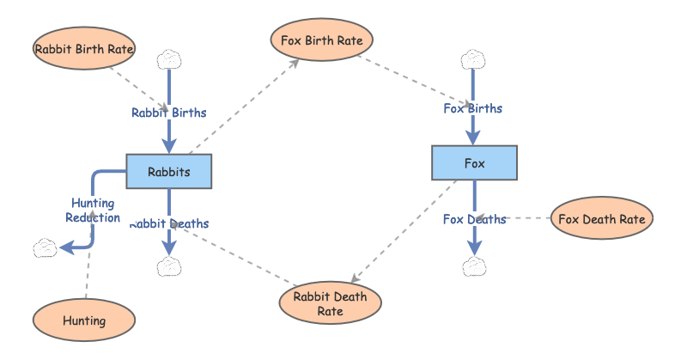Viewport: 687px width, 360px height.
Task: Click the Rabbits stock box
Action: pyautogui.click(x=168, y=172)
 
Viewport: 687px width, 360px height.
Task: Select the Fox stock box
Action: pyautogui.click(x=474, y=163)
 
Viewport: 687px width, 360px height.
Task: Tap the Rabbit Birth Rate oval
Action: pyautogui.click(x=84, y=49)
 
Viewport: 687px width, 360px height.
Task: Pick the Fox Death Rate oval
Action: pyautogui.click(x=601, y=218)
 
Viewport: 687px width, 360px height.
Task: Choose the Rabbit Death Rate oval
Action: pyautogui.click(x=331, y=303)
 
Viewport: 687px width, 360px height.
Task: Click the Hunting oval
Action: pyautogui.click(x=84, y=320)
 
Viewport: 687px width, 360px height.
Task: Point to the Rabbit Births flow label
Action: pyautogui.click(x=168, y=113)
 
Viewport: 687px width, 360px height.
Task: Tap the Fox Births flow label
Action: pyautogui.click(x=472, y=108)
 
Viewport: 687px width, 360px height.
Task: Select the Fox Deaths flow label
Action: pyautogui.click(x=474, y=219)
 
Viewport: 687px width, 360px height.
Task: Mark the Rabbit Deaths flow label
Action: pyautogui.click(x=169, y=223)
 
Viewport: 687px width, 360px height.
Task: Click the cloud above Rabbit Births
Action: pyautogui.click(x=168, y=60)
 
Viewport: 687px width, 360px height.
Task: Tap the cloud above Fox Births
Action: pyautogui.click(x=473, y=60)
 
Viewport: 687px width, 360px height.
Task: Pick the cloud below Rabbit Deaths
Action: pyautogui.click(x=169, y=266)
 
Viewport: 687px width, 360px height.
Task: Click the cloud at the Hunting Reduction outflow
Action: pyautogui.click(x=46, y=249)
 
